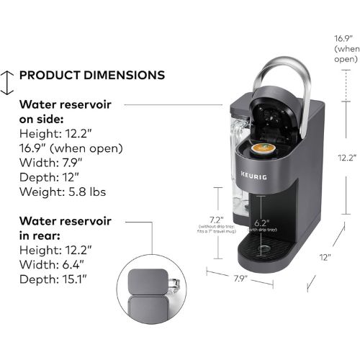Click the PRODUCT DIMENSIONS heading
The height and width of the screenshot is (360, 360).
92,75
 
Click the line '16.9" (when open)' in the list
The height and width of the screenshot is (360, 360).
71,148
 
